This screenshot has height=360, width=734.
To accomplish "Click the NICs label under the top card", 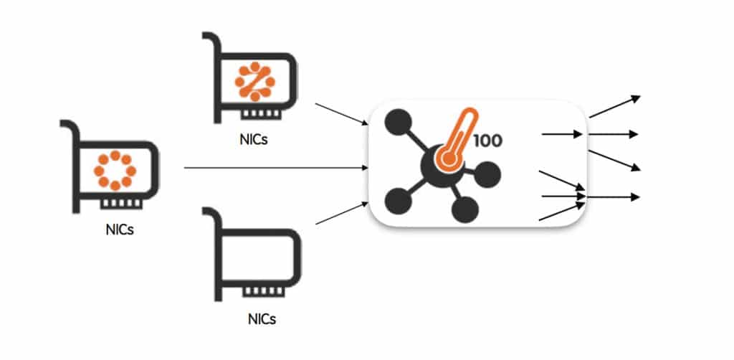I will pyautogui.click(x=254, y=139).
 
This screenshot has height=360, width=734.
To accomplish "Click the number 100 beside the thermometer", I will pyautogui.click(x=487, y=140).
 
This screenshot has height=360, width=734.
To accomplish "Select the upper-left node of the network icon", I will pyautogui.click(x=396, y=124).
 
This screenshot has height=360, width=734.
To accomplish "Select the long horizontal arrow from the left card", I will pyautogui.click(x=275, y=168).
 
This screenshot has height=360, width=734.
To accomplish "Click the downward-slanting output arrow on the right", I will pyautogui.click(x=613, y=160).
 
